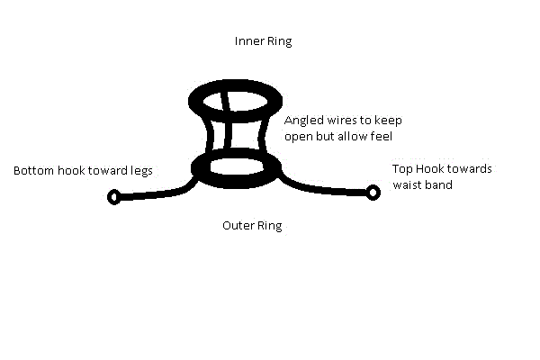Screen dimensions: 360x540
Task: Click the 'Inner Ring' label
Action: tap(263, 41)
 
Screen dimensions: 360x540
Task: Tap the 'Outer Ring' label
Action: tap(252, 226)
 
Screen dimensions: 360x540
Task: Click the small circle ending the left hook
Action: tap(113, 197)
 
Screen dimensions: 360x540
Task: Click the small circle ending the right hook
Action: tap(372, 191)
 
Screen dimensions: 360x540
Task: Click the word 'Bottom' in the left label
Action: tap(33, 170)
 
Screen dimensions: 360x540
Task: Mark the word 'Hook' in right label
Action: tap(433, 169)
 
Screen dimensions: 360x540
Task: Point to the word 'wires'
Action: tap(341, 119)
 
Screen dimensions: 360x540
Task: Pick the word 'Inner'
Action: tap(248, 41)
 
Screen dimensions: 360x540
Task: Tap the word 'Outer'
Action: tap(238, 226)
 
